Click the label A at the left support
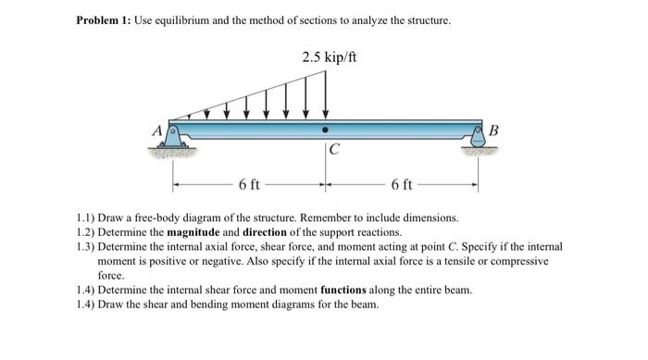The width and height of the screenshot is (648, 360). point(156,131)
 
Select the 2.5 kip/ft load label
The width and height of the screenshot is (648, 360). point(329,58)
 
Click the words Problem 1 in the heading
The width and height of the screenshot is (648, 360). point(103,20)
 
